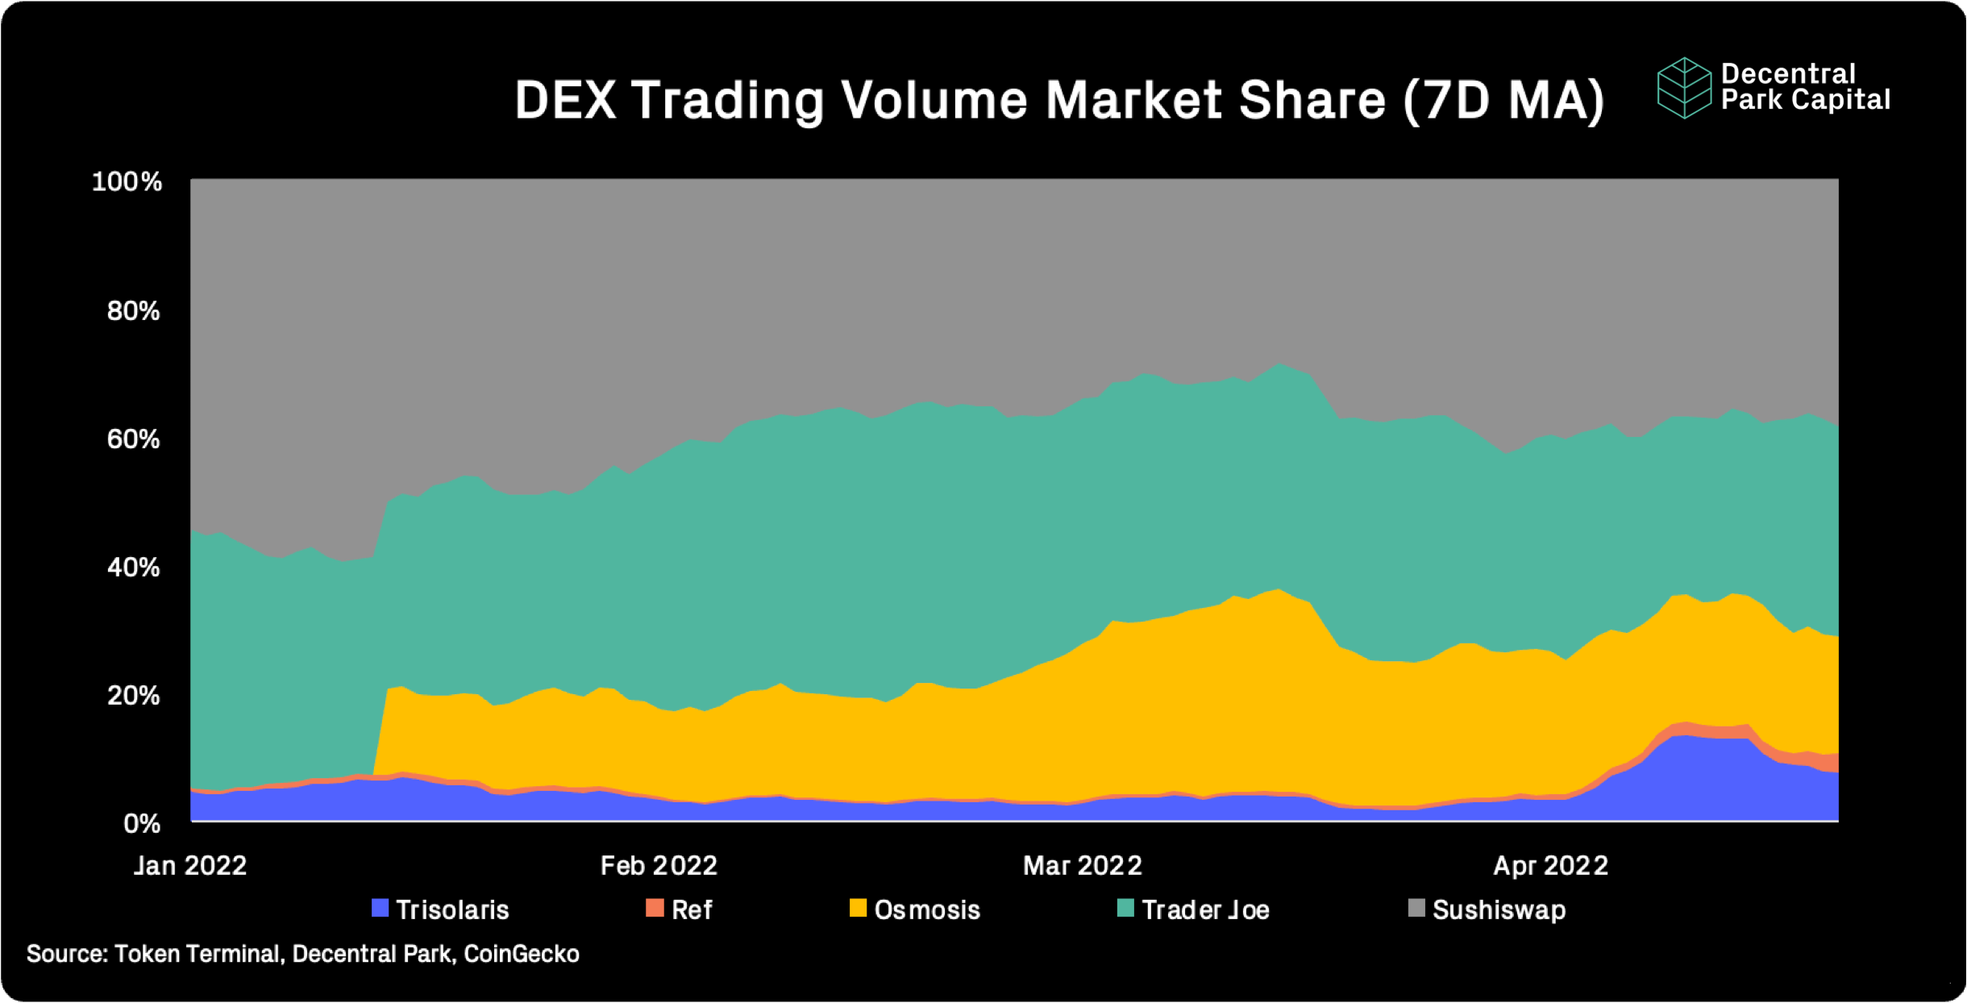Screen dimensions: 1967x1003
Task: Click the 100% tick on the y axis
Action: click(127, 181)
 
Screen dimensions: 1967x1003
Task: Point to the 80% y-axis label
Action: click(133, 310)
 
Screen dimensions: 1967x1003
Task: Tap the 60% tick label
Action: click(133, 439)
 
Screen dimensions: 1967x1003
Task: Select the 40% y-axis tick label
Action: click(133, 568)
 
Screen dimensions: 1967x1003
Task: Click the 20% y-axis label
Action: click(133, 696)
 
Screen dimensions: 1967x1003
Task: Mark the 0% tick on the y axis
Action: click(142, 824)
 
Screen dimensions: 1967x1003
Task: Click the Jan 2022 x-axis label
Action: click(190, 866)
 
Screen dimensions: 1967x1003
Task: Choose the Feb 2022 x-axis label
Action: click(659, 866)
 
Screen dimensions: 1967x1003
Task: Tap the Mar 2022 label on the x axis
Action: click(1083, 866)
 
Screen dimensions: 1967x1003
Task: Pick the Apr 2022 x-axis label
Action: click(1550, 866)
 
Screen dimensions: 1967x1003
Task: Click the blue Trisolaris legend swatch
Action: click(380, 909)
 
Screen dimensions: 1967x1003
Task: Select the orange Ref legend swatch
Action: click(655, 909)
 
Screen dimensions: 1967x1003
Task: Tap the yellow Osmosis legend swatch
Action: click(858, 909)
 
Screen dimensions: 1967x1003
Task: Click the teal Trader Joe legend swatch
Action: click(1125, 909)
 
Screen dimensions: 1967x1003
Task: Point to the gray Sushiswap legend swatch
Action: click(1416, 909)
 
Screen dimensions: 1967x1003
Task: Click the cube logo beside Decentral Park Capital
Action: click(1684, 88)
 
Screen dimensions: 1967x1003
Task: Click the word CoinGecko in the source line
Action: click(522, 954)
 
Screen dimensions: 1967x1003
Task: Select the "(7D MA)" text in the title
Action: click(1504, 101)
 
